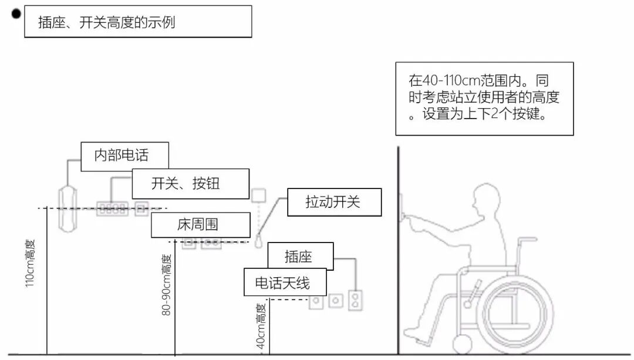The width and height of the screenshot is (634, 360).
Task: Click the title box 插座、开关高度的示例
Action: click(138, 22)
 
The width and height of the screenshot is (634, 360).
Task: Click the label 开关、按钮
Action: click(190, 184)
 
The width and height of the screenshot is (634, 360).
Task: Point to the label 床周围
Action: click(198, 224)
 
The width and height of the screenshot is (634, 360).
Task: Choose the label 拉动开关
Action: click(334, 202)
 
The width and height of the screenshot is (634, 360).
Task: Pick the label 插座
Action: click(300, 256)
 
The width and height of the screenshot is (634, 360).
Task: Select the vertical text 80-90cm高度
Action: click(167, 285)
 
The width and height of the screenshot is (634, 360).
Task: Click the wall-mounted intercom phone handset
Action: click(68, 207)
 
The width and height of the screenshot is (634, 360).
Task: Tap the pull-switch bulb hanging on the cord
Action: click(258, 240)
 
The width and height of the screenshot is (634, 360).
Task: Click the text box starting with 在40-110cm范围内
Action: click(484, 99)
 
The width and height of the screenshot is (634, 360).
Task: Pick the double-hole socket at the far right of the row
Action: click(354, 300)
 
